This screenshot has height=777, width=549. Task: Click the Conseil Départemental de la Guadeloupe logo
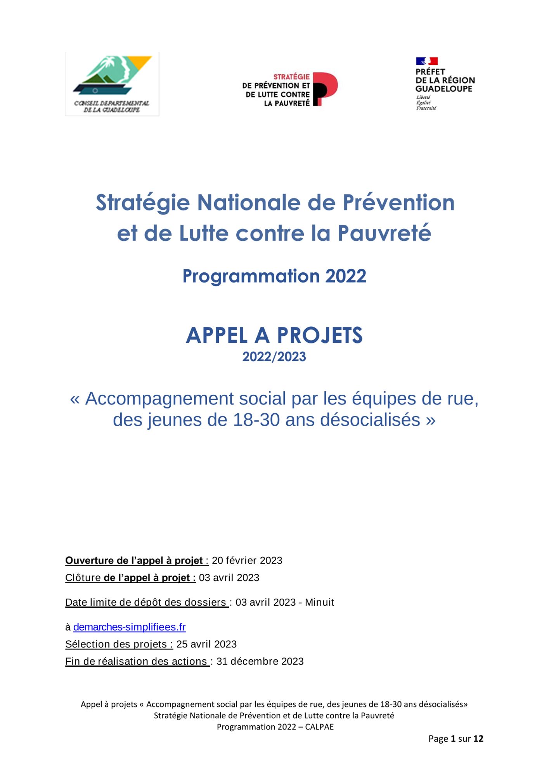[112, 84]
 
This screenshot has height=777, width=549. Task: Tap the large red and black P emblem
[325, 89]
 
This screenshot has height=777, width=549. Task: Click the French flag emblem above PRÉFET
[427, 61]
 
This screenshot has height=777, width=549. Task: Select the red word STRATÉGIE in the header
[291, 77]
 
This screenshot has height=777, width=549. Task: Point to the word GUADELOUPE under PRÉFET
[443, 89]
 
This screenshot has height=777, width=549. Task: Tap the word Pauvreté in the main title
[384, 233]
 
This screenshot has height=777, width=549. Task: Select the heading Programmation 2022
[274, 276]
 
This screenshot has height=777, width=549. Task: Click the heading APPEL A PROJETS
[274, 335]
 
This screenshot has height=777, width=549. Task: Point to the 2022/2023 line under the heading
[274, 357]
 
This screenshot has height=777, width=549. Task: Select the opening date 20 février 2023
[247, 561]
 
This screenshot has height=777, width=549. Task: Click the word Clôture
[83, 578]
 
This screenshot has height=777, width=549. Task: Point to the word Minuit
[319, 602]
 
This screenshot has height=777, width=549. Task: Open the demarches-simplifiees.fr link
[129, 627]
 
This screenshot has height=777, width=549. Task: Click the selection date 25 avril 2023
[206, 644]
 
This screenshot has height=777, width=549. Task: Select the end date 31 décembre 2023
[260, 661]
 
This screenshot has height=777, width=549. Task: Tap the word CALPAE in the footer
[319, 727]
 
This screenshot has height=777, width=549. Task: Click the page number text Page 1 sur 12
[455, 739]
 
